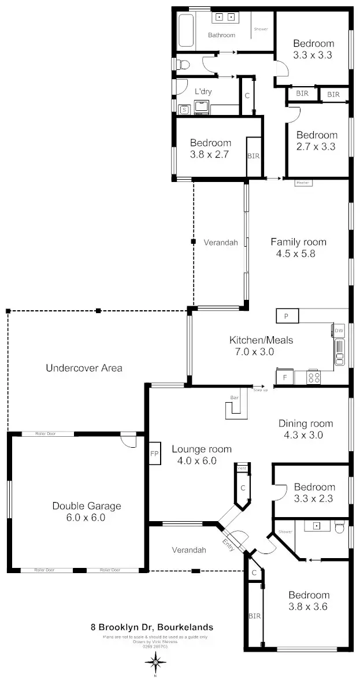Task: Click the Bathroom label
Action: click(222, 35)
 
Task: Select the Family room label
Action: click(298, 242)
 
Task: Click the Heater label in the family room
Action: click(303, 183)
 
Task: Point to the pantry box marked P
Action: click(287, 316)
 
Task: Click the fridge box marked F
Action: click(284, 377)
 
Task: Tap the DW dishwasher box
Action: click(339, 330)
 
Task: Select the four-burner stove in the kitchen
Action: click(314, 377)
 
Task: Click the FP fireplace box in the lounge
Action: click(154, 454)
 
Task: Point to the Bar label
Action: click(235, 397)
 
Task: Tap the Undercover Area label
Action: click(84, 367)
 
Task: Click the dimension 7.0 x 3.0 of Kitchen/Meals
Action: click(252, 351)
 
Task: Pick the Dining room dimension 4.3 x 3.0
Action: click(300, 435)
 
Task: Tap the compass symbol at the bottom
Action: click(155, 663)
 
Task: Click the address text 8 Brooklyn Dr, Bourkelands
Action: click(152, 627)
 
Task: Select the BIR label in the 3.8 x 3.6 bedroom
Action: click(255, 616)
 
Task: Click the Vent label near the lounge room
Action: click(242, 467)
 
